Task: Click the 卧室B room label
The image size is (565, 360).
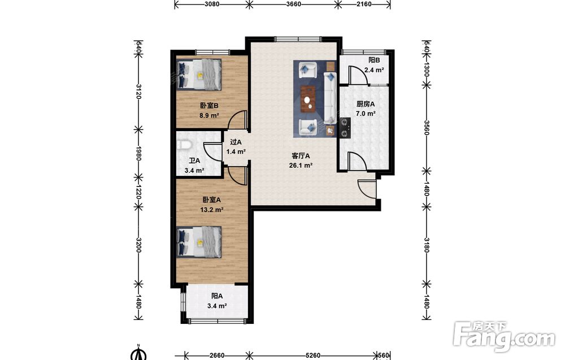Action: tap(210, 106)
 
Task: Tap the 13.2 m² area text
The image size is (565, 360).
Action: tap(212, 209)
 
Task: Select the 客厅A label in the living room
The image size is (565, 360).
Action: tap(301, 156)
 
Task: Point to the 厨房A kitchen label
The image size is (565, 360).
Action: tap(366, 104)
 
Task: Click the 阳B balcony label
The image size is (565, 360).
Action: tap(374, 60)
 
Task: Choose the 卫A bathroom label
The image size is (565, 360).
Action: tap(194, 161)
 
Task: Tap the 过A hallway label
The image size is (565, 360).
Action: tap(236, 142)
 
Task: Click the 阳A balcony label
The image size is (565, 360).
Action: tap(217, 296)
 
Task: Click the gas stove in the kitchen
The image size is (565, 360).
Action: tap(345, 128)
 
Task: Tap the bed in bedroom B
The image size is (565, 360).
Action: tap(199, 75)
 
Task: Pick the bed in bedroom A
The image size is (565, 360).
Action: tap(199, 242)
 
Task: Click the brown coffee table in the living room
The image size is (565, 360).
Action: tap(308, 98)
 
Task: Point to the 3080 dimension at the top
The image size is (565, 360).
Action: tap(212, 5)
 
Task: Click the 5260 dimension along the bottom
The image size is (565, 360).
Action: tap(312, 355)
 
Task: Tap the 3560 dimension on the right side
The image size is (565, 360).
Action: tap(426, 127)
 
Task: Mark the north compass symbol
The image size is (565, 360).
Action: tap(138, 353)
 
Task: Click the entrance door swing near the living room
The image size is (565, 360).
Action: tap(367, 189)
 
